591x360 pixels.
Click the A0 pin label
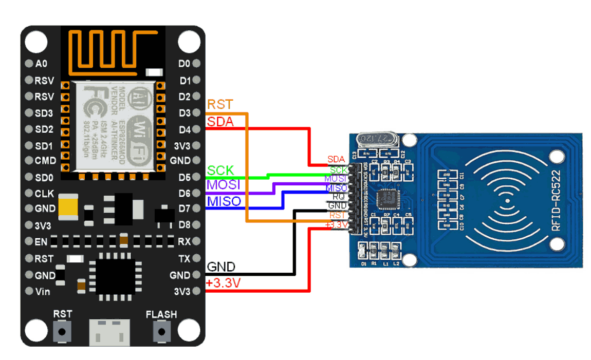coord(41,64)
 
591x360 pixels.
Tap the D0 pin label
coord(184,64)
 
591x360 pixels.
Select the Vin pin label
coord(43,292)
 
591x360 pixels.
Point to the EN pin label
coord(41,241)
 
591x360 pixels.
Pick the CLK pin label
coord(44,194)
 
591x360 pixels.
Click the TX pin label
coord(184,258)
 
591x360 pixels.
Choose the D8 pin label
coord(184,224)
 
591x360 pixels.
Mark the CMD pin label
coord(45,160)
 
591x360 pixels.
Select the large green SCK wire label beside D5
coord(220,170)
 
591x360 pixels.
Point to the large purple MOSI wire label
coord(224,185)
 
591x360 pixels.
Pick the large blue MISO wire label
coord(224,201)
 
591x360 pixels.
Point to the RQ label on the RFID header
coord(339,196)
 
